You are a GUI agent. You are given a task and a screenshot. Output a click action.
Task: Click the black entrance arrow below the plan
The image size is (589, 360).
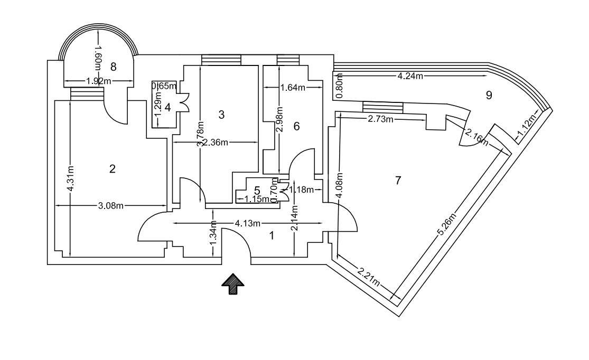pyautogui.click(x=232, y=284)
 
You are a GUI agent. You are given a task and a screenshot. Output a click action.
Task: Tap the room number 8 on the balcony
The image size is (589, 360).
pyautogui.click(x=113, y=67)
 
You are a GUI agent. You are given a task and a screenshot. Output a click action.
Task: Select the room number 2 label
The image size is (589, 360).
pyautogui.click(x=112, y=169)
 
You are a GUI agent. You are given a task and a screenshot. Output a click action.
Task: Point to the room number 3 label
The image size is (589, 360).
pyautogui.click(x=221, y=115)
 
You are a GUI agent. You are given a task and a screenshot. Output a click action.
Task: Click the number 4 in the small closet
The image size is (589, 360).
pyautogui.click(x=168, y=107)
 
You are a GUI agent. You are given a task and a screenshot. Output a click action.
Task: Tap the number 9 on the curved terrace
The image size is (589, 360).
pyautogui.click(x=489, y=95)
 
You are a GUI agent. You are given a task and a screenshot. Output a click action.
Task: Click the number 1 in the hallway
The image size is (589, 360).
pyautogui.click(x=272, y=236)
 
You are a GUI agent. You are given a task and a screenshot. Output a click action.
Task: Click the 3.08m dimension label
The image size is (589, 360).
pyautogui.click(x=110, y=206)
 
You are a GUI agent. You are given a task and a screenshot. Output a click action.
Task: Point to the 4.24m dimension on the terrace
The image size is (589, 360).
pyautogui.click(x=410, y=76)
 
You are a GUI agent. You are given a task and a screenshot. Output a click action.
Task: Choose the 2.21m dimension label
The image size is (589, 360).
pyautogui.click(x=369, y=277)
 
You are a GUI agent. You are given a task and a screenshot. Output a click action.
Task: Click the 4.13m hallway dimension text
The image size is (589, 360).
pyautogui.click(x=248, y=223)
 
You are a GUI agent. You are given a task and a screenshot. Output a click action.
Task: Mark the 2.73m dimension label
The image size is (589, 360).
pyautogui.click(x=381, y=119)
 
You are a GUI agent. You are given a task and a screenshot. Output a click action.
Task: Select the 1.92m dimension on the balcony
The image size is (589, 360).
pyautogui.click(x=99, y=81)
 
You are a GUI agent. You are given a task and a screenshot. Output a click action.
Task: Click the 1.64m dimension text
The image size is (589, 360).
pyautogui.click(x=293, y=88)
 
